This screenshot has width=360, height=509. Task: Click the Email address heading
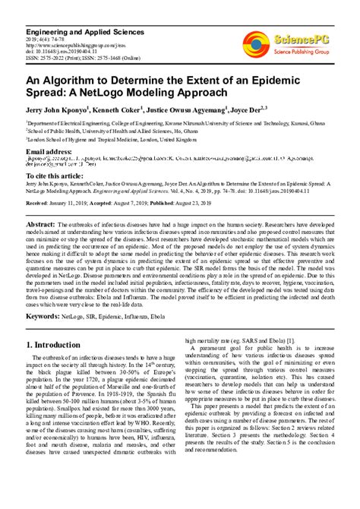[x=52, y=151]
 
